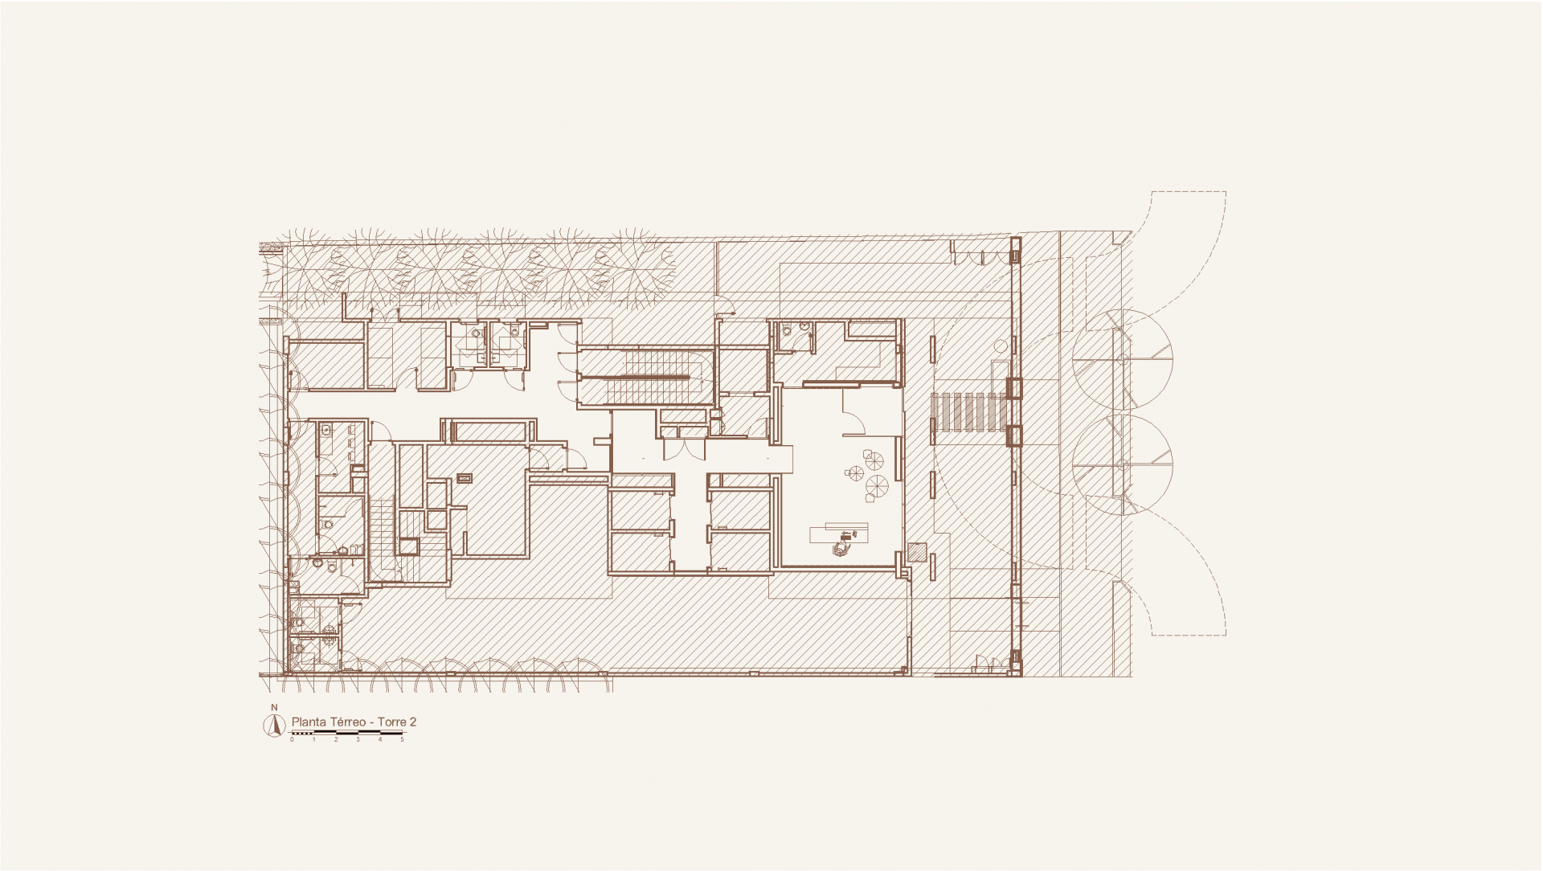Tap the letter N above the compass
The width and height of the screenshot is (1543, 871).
pyautogui.click(x=274, y=707)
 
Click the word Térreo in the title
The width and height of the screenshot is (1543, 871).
pyautogui.click(x=347, y=722)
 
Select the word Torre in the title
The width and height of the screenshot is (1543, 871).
pyautogui.click(x=392, y=722)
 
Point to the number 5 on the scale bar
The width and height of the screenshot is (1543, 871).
pyautogui.click(x=402, y=739)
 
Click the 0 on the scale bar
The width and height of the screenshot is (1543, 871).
pyautogui.click(x=293, y=739)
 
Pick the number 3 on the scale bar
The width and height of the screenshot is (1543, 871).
pyautogui.click(x=358, y=739)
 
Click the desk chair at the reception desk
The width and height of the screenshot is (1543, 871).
pyautogui.click(x=841, y=548)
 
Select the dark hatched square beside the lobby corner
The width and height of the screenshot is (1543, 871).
pyautogui.click(x=916, y=552)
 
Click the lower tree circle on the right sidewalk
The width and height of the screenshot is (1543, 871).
pyautogui.click(x=1123, y=464)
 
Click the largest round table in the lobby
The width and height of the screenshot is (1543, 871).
pyautogui.click(x=877, y=486)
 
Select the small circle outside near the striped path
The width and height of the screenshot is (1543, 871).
pyautogui.click(x=999, y=346)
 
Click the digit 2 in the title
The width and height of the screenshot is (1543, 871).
pyautogui.click(x=413, y=722)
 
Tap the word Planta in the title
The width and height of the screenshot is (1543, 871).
pyautogui.click(x=308, y=722)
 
